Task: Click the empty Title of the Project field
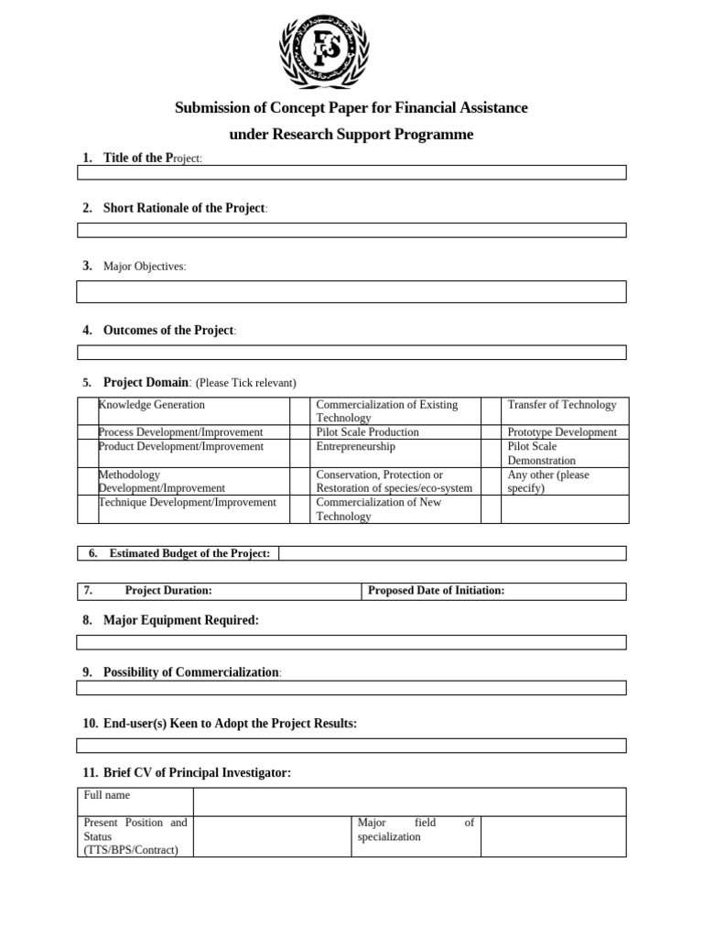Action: tap(351, 172)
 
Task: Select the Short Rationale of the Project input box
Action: tap(351, 230)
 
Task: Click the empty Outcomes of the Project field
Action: tap(351, 352)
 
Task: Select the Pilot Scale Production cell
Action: tap(367, 432)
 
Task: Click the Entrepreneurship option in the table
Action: tap(356, 447)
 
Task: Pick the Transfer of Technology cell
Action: tap(561, 405)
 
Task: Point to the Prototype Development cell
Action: tap(561, 432)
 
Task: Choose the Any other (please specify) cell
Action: tap(549, 482)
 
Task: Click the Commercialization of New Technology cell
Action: tap(378, 509)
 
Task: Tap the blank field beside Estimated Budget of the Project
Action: tap(452, 553)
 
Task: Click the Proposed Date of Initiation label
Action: tap(436, 591)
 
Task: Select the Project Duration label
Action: tap(168, 591)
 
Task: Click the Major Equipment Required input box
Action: tap(351, 642)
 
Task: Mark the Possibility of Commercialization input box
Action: tap(351, 688)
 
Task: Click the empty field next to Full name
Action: tap(409, 802)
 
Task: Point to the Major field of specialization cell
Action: tap(416, 830)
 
